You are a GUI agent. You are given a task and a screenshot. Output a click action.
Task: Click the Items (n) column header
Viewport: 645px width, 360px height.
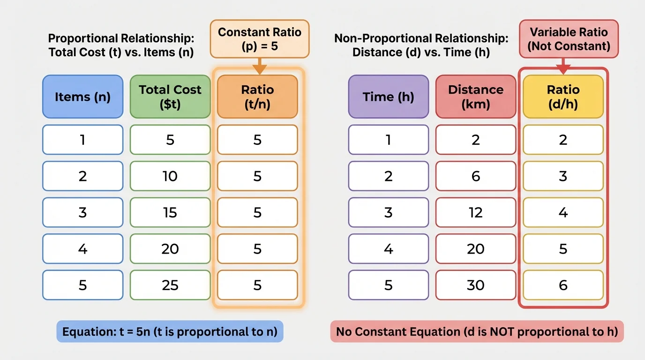pyautogui.click(x=82, y=97)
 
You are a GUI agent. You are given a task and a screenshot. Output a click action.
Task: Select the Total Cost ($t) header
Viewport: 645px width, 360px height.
pyautogui.click(x=170, y=97)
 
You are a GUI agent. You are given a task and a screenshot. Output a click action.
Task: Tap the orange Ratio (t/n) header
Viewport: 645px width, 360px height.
pyautogui.click(x=257, y=97)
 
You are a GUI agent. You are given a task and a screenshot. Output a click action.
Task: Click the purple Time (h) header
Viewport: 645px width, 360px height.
pyautogui.click(x=388, y=97)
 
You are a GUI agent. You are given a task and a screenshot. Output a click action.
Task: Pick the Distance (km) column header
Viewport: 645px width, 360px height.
pyautogui.click(x=476, y=97)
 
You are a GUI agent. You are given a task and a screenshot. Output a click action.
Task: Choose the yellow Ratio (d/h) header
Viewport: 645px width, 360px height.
pyautogui.click(x=563, y=97)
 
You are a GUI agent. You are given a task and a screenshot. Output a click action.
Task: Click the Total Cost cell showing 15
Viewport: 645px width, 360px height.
pyautogui.click(x=170, y=212)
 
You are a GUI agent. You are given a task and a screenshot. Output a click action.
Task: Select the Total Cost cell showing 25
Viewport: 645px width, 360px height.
pyautogui.click(x=170, y=285)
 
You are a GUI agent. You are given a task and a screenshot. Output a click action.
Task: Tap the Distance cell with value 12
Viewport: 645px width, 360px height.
pyautogui.click(x=476, y=212)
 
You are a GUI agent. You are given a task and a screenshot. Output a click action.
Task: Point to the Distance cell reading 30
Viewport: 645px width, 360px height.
pyautogui.click(x=476, y=285)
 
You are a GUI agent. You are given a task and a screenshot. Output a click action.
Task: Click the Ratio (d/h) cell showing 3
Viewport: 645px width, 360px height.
pyautogui.click(x=563, y=176)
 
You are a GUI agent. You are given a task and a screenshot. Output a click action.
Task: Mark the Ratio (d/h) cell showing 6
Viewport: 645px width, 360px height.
pyautogui.click(x=563, y=285)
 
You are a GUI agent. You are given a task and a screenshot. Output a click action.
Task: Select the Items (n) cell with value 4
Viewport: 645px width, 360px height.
pyautogui.click(x=82, y=248)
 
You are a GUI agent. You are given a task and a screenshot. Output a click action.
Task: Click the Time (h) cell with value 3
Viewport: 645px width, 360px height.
pyautogui.click(x=388, y=212)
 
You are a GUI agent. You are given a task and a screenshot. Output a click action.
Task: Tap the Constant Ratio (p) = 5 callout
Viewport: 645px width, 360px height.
pyautogui.click(x=259, y=39)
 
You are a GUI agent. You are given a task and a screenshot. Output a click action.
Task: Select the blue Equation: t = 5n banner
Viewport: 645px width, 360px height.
pyautogui.click(x=170, y=332)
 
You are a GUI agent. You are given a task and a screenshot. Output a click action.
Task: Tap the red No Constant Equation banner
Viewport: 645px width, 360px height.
pyautogui.click(x=477, y=332)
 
